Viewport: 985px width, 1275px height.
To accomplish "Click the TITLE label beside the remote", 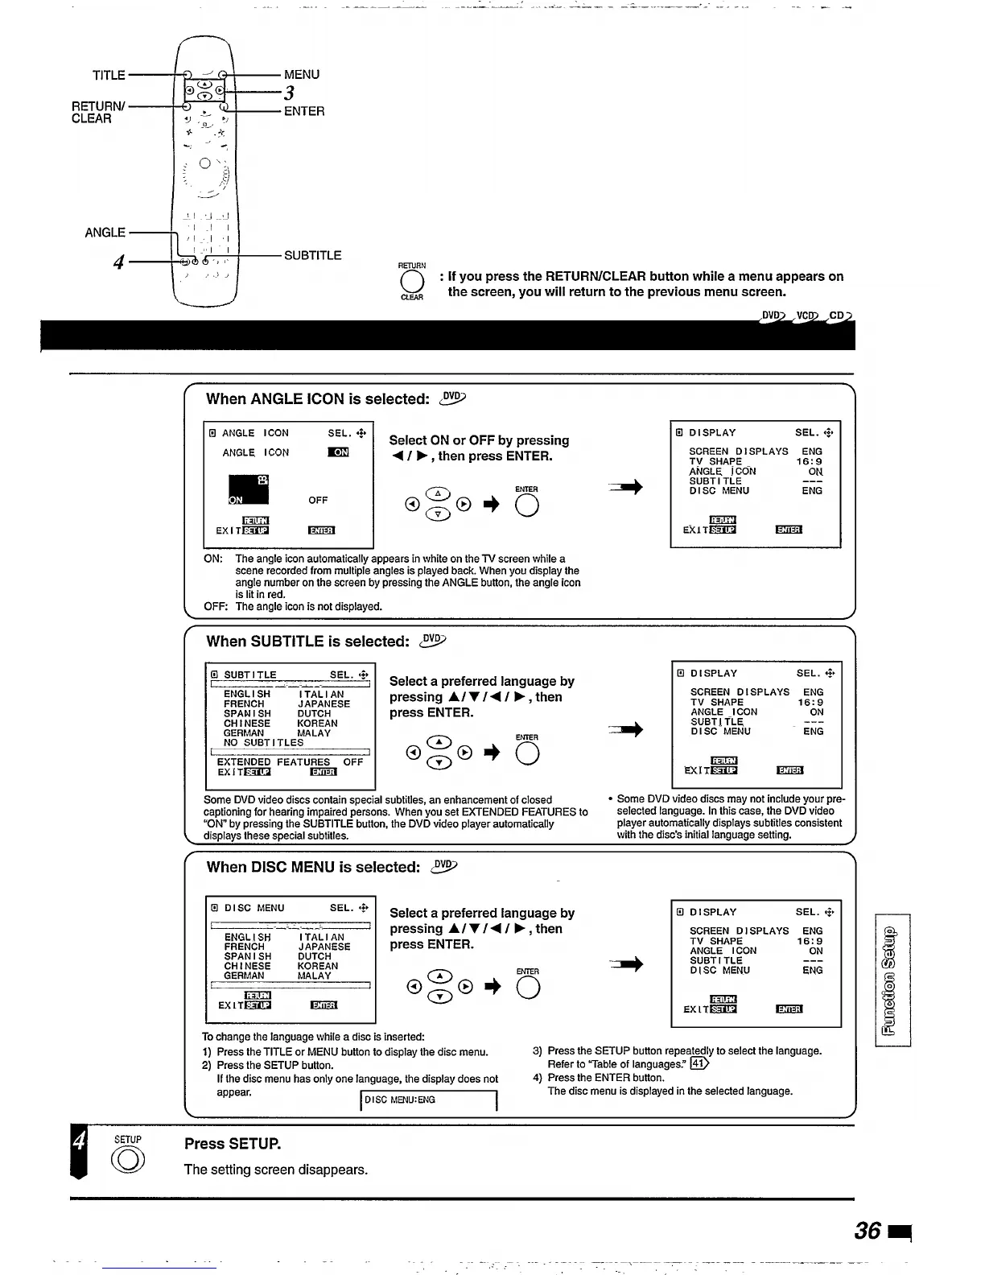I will coord(109,75).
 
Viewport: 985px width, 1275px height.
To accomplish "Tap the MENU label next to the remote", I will coord(302,74).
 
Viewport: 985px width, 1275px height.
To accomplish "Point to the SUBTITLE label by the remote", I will coord(312,255).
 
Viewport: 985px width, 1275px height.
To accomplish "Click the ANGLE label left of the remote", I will coord(105,233).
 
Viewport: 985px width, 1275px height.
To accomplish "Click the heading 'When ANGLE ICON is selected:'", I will coord(318,399).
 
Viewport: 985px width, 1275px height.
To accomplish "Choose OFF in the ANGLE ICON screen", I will coord(318,500).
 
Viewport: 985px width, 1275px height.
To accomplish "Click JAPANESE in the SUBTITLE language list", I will coord(324,704).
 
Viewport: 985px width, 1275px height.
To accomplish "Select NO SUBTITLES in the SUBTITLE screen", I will coord(263,742).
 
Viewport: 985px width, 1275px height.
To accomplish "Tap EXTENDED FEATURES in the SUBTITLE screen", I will coord(274,761).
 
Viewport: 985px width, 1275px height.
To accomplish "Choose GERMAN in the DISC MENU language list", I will coord(244,976).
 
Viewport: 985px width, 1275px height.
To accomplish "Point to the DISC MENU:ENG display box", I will coord(429,1100).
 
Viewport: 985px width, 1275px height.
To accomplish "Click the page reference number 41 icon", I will coord(699,1064).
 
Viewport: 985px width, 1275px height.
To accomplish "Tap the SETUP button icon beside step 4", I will coord(129,1160).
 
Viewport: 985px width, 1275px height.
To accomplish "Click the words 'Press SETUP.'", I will coord(233,1144).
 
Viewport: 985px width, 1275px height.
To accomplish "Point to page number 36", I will coord(868,1230).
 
